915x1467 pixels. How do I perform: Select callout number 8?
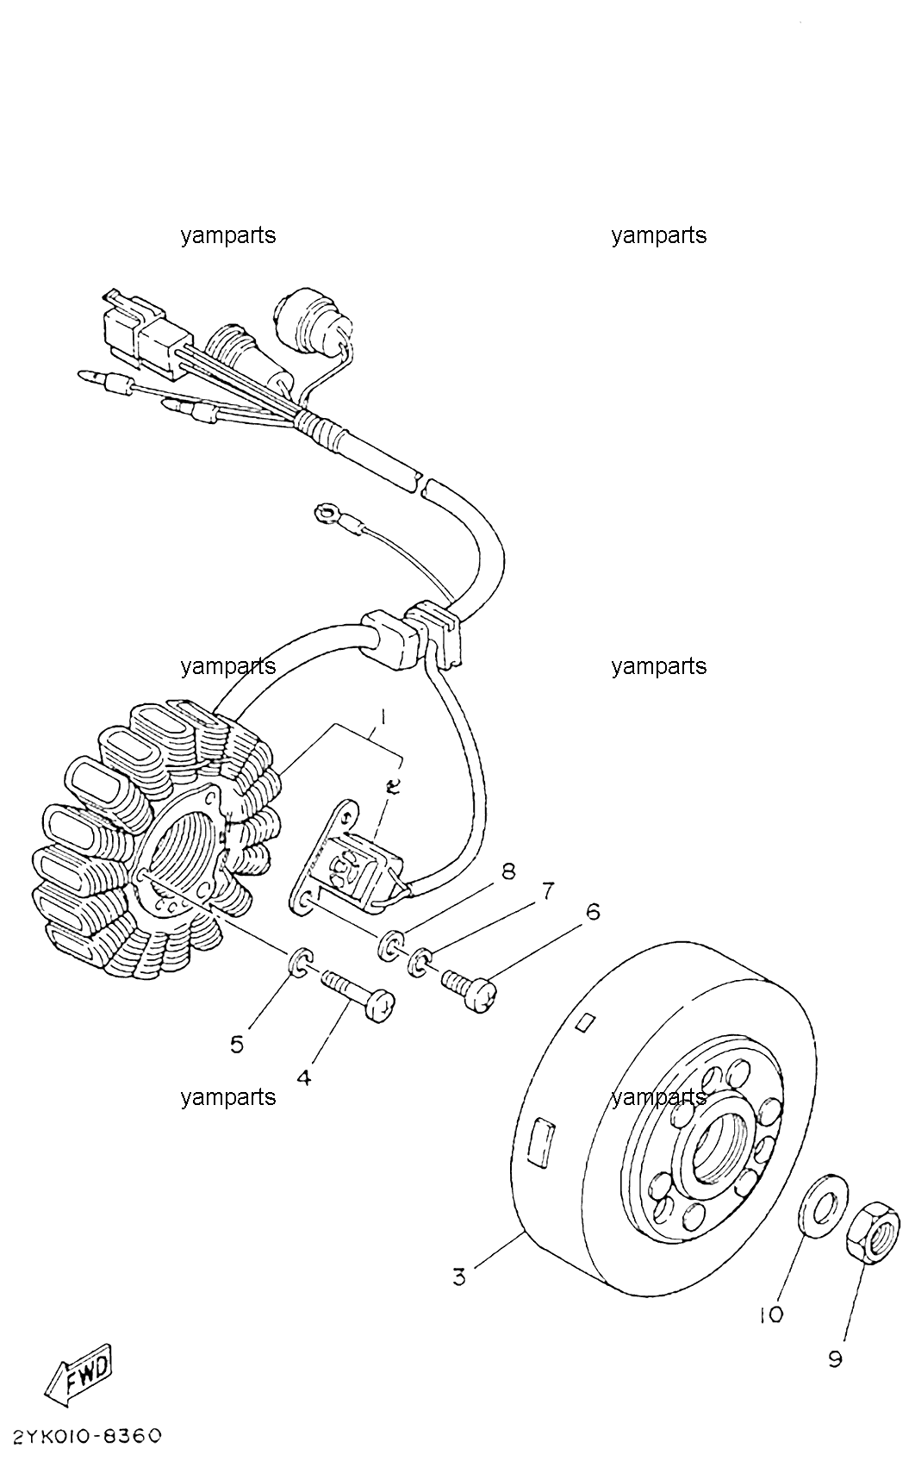click(507, 871)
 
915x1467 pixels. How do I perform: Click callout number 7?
click(546, 891)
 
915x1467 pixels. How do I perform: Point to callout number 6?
click(592, 912)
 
